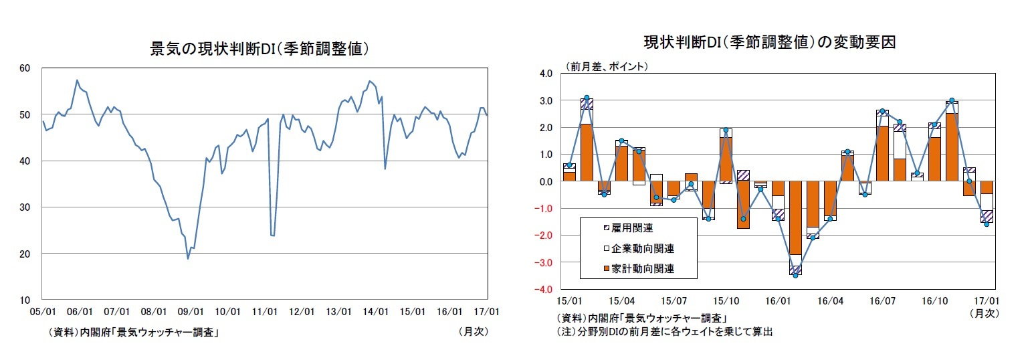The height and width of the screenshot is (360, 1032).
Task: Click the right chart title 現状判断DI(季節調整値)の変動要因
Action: click(x=769, y=41)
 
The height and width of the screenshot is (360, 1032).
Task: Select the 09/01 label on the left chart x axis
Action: click(x=191, y=312)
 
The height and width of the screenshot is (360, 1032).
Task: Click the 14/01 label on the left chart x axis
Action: click(x=377, y=312)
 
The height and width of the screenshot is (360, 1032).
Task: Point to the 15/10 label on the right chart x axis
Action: click(x=726, y=301)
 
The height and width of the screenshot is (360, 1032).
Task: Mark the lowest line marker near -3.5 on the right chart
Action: click(x=795, y=275)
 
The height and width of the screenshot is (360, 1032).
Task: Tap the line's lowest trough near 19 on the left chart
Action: click(x=188, y=258)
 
